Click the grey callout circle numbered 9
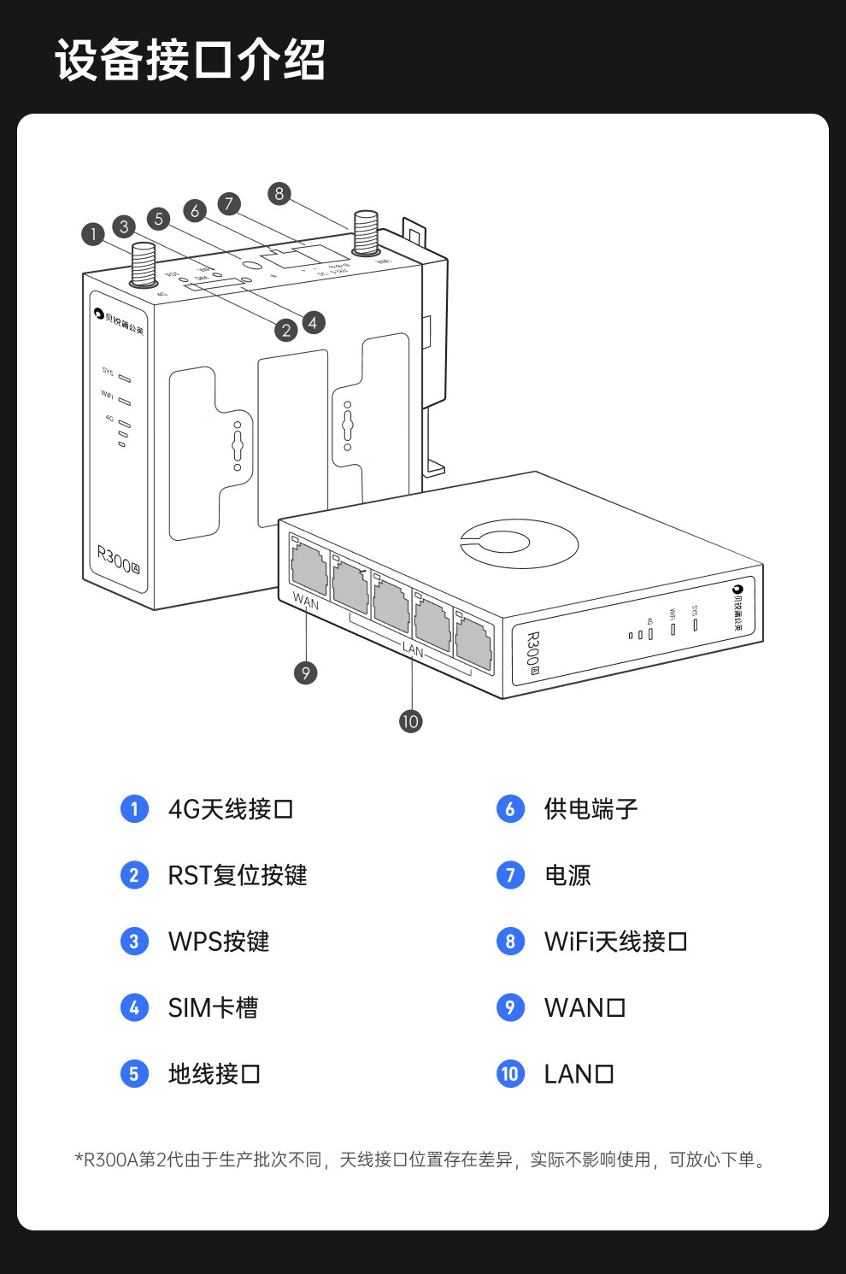coord(306,673)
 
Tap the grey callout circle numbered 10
coord(410,721)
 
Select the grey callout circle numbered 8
coord(279,194)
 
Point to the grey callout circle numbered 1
coord(93,234)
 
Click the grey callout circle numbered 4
coord(314,322)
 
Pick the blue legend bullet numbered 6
coord(510,808)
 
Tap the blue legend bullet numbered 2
coord(134,875)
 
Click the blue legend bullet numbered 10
coord(510,1073)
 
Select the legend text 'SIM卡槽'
coord(213,1007)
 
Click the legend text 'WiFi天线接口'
coord(615,942)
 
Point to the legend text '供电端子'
coord(590,808)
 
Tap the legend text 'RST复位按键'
coord(237,875)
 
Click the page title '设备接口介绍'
coord(190,60)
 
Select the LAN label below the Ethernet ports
coord(413,650)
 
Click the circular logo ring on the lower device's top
coord(520,543)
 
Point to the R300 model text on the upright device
coord(117,561)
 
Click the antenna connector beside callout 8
coord(367,232)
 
